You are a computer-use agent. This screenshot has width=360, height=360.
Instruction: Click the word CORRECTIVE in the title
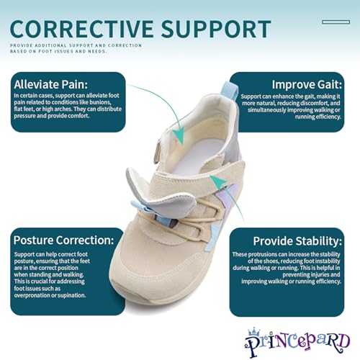(x=81, y=29)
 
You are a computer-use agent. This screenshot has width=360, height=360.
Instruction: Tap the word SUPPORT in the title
(x=216, y=29)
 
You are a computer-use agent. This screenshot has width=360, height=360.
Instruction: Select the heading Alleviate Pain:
(x=51, y=84)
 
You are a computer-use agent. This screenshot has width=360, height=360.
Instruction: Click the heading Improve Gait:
(x=307, y=84)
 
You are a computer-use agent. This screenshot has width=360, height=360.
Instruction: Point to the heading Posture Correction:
(x=63, y=240)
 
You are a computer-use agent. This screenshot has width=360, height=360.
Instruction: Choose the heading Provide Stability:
(x=297, y=241)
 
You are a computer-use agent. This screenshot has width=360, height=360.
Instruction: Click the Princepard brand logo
(x=297, y=341)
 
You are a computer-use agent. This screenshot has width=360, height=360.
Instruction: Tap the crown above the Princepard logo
(x=254, y=332)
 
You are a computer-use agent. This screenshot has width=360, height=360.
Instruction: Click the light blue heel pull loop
(x=229, y=91)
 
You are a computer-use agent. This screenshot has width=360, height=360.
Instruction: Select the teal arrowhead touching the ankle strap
(x=218, y=181)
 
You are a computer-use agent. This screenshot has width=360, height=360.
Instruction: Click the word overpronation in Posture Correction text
(x=31, y=295)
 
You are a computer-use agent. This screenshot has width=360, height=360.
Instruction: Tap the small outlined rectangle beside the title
(x=336, y=22)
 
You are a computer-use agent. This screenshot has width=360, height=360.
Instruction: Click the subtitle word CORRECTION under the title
(x=125, y=45)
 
